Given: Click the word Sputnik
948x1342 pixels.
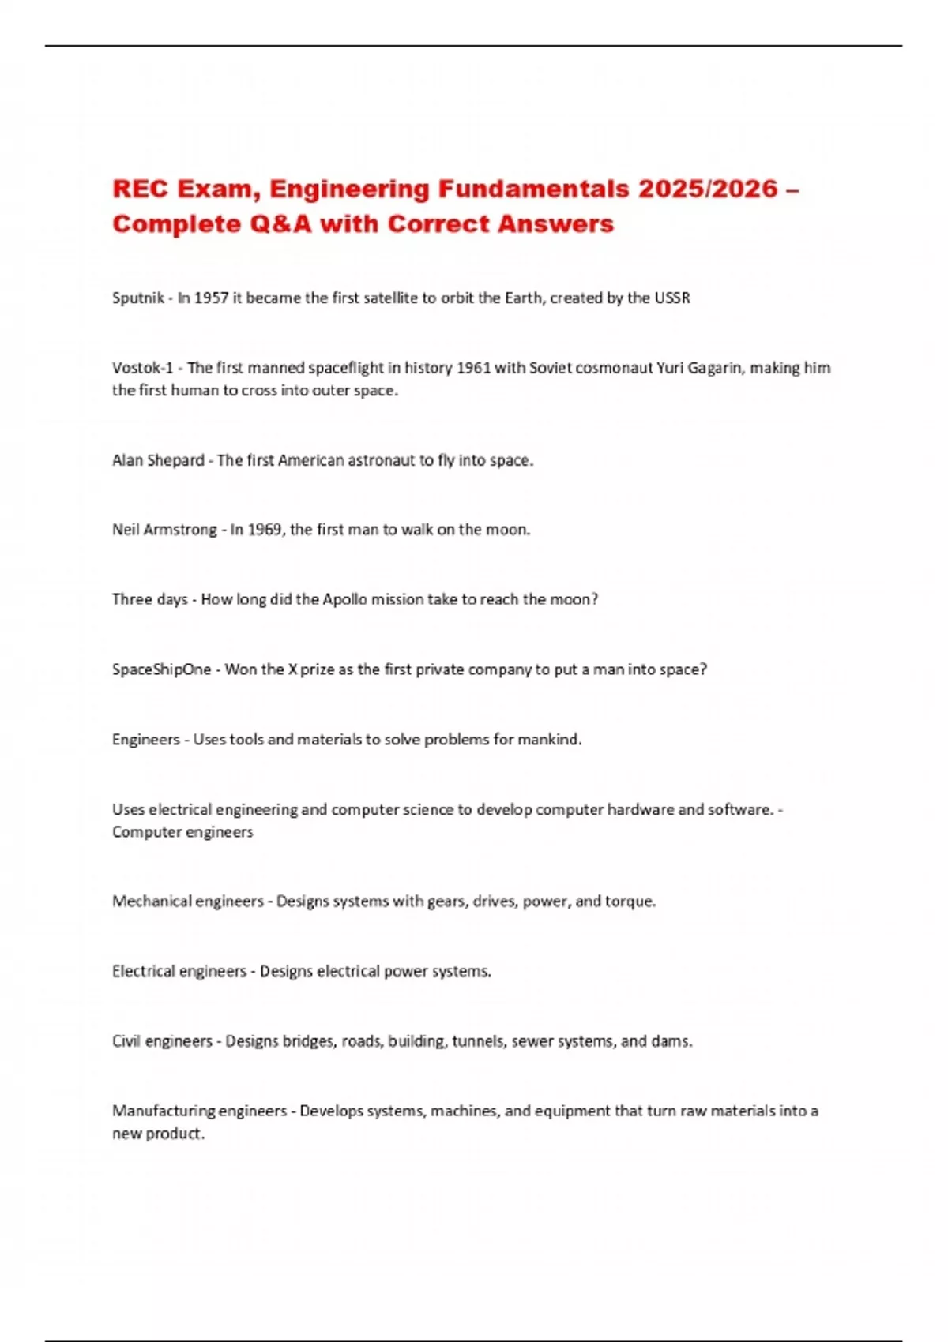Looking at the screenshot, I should [x=138, y=298].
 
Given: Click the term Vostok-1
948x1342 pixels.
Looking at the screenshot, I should [x=142, y=368].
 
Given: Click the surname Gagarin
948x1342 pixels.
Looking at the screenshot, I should [x=714, y=368].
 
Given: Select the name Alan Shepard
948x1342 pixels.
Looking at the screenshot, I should [x=158, y=460].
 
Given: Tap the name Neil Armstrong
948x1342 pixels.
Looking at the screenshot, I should [x=164, y=530].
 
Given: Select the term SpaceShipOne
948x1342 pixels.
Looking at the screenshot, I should [x=162, y=669].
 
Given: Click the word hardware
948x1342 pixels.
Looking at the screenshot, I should [x=641, y=809].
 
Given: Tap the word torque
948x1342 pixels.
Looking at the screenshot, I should [x=630, y=902].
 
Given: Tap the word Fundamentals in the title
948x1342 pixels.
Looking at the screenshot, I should [x=534, y=189].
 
